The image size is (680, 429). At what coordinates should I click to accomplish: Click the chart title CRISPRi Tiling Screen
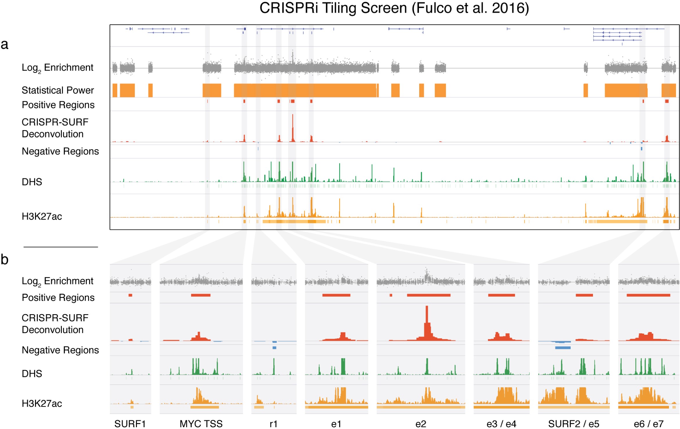coord(394,8)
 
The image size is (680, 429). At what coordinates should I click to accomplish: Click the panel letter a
coord(5,44)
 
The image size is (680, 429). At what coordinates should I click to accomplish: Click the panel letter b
coord(5,260)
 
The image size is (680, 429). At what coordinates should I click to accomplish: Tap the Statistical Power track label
coord(58,90)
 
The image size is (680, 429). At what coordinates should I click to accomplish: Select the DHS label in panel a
coord(32,182)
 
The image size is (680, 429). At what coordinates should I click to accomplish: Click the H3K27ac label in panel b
coord(42,403)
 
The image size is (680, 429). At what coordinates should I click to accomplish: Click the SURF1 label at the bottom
coord(130,424)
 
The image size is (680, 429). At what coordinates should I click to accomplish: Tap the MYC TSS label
coord(201,424)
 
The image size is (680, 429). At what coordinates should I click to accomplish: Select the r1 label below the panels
coord(273,424)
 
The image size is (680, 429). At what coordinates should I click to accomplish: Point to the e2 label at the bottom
coord(421,424)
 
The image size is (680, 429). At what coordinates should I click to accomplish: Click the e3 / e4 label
coord(501,424)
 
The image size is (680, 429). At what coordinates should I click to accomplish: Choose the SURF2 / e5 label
coord(574,424)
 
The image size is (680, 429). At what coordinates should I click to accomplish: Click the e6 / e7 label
coord(648,424)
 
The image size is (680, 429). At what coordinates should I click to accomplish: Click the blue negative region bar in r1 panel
coord(274,347)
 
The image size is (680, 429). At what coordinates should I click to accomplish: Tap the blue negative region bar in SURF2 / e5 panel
coord(563,347)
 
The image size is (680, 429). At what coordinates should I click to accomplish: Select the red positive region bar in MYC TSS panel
coord(201,295)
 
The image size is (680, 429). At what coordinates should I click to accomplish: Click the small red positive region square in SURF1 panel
coord(130,295)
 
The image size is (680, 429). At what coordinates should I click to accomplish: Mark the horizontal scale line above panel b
coord(61,247)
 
